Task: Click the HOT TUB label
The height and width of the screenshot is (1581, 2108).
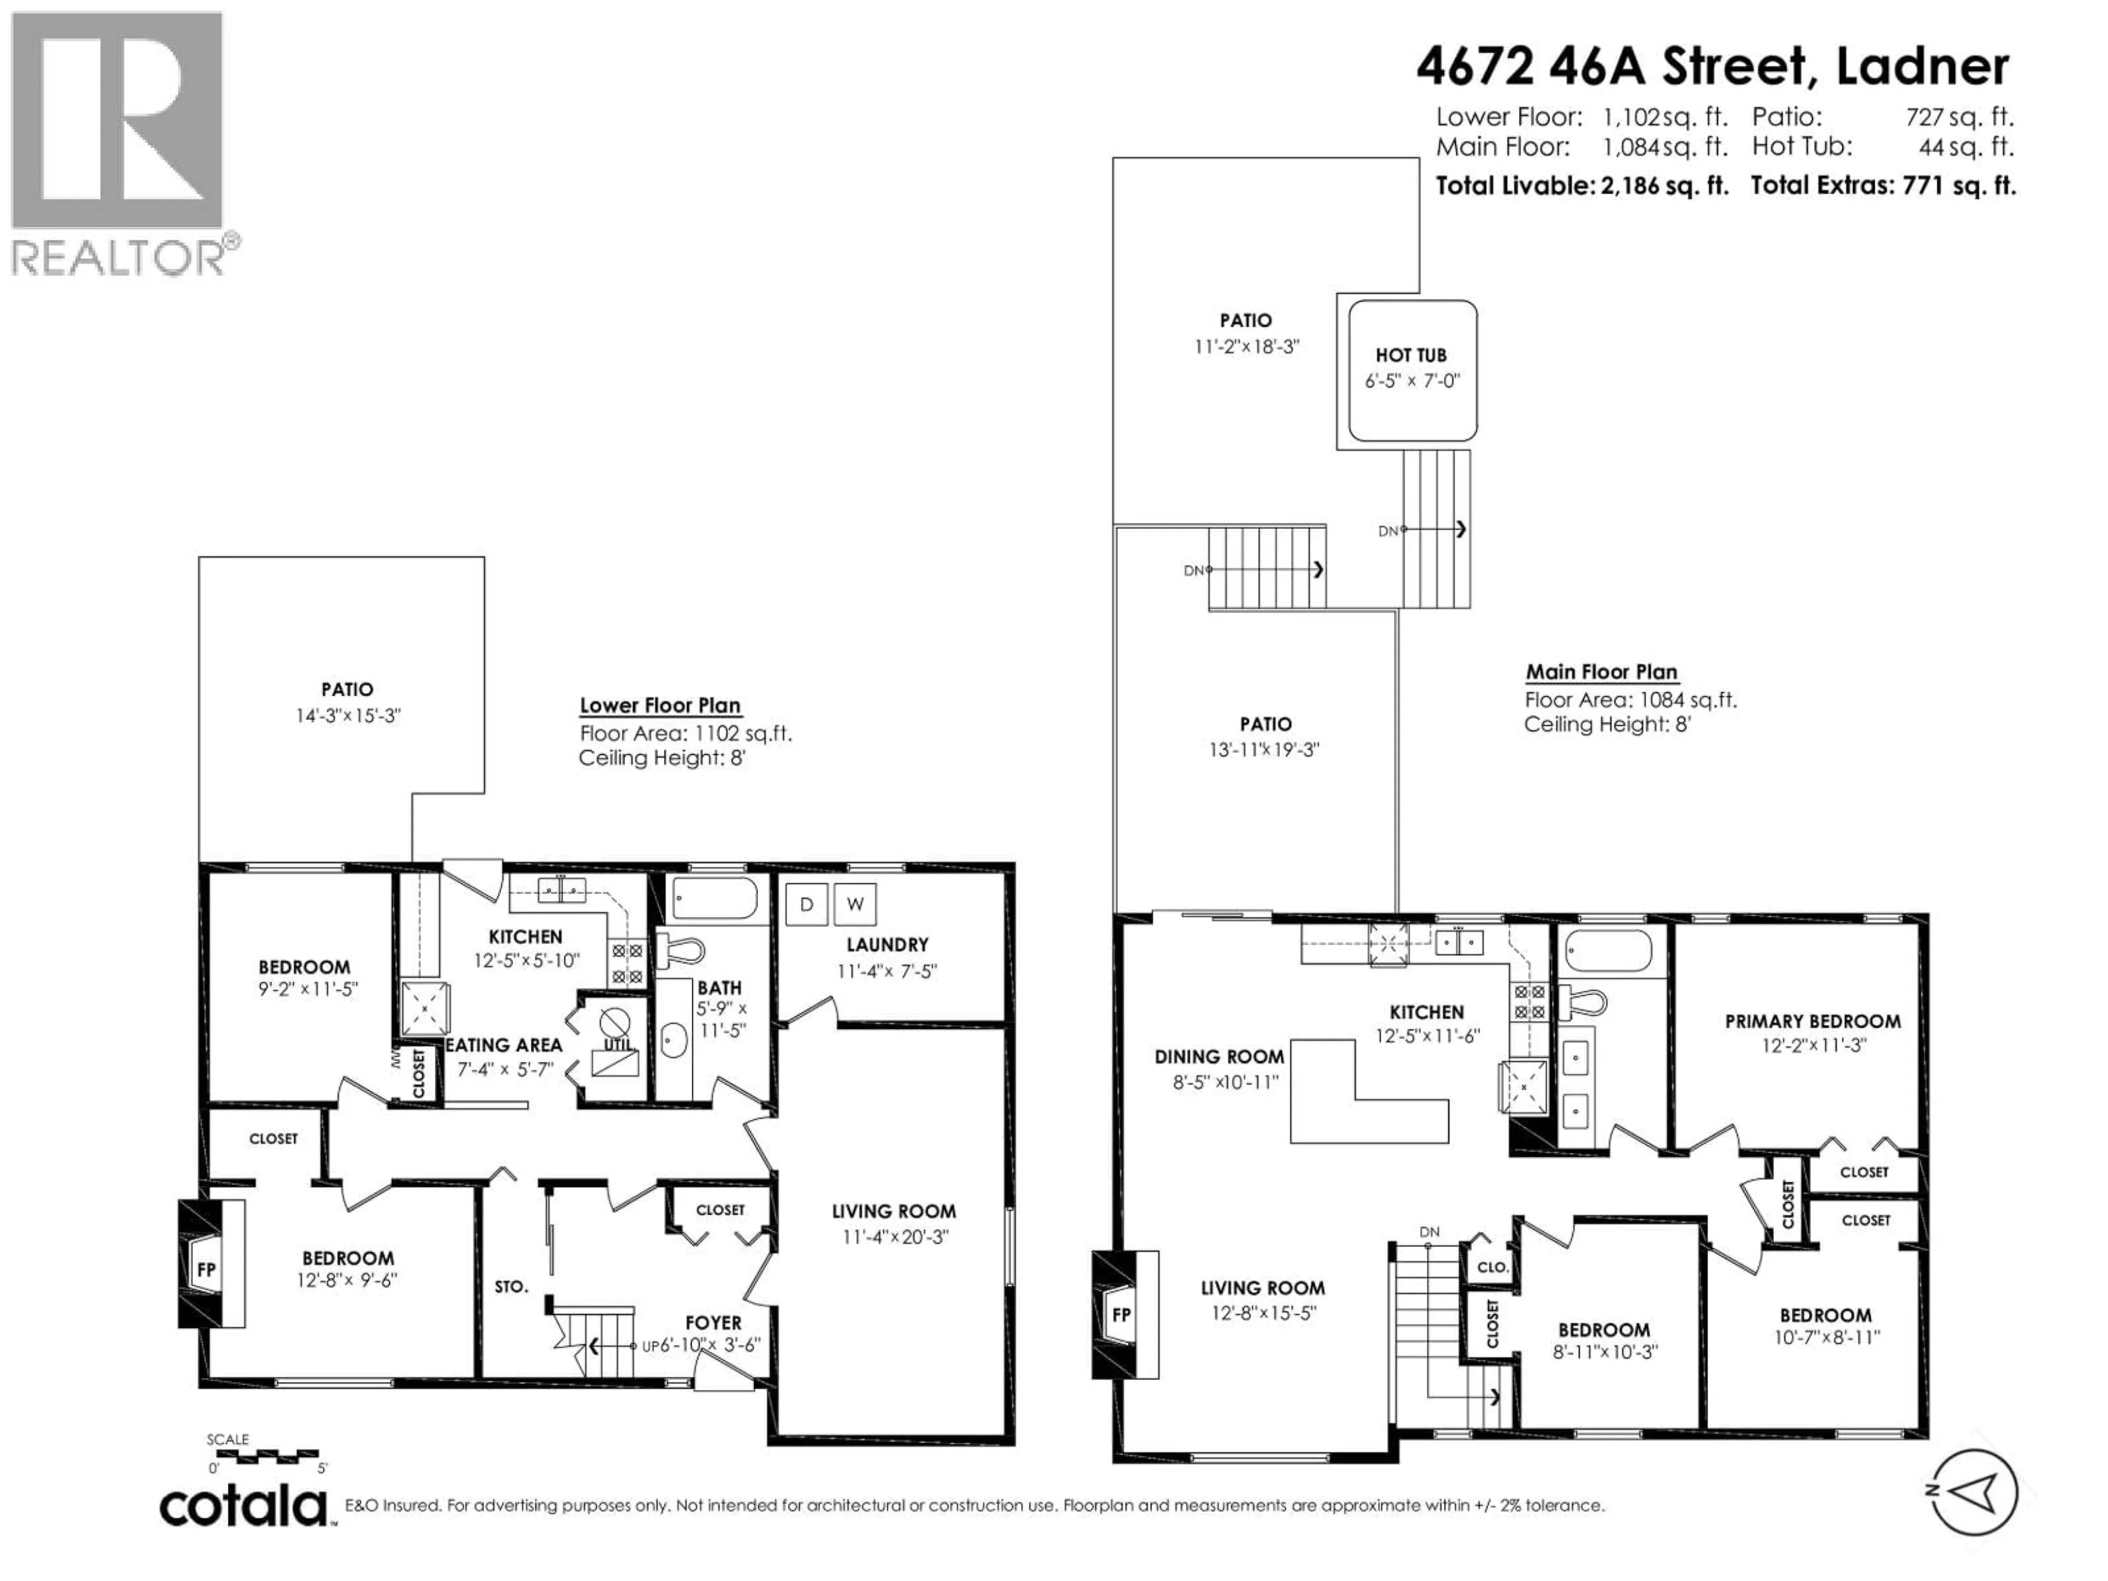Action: tap(1410, 355)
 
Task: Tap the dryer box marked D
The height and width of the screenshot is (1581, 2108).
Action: tap(806, 904)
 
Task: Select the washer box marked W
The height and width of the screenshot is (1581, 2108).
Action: tap(855, 904)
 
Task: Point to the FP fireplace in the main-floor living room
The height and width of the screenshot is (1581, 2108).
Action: tap(1122, 1315)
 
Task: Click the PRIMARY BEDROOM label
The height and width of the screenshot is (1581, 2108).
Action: tap(1813, 1022)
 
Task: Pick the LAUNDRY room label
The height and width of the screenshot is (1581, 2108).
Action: tap(886, 944)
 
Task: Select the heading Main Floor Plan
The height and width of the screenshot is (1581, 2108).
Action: tap(1601, 672)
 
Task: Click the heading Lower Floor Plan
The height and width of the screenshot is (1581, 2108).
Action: tap(659, 705)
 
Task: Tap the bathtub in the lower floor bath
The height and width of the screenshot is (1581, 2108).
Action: tap(715, 898)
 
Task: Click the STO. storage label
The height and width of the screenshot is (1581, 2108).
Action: tap(511, 1287)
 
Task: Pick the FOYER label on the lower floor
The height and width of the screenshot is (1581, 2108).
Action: tap(713, 1323)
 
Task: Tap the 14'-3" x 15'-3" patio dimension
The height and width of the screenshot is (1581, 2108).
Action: tap(348, 716)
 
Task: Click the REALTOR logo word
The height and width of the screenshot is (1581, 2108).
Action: tap(119, 257)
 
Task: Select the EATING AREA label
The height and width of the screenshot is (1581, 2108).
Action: tap(503, 1045)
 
